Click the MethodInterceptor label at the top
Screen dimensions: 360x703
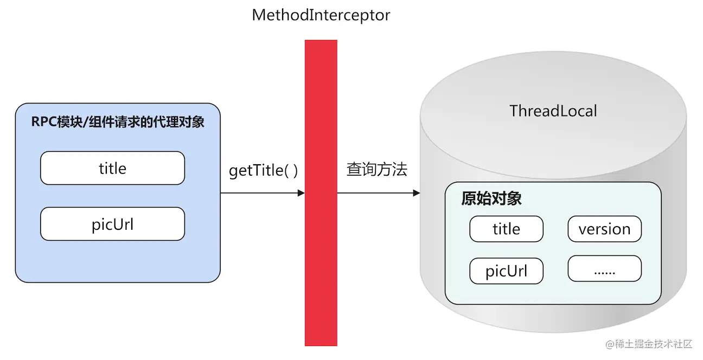tap(321, 15)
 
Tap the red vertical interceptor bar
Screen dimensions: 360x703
tap(321, 192)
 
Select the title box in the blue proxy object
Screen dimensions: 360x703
tap(112, 168)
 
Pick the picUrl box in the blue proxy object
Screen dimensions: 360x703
tap(112, 224)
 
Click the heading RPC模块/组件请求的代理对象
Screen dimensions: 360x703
tap(118, 122)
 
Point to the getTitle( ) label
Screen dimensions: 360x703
tap(263, 170)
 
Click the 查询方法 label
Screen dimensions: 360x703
tap(376, 170)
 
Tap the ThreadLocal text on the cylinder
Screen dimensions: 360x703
tap(553, 111)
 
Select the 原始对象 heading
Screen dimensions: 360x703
tap(491, 198)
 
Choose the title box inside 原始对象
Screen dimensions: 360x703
tap(506, 229)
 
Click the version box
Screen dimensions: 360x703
tap(604, 229)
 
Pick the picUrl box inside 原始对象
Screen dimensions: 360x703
tap(506, 271)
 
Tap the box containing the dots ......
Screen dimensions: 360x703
tap(604, 269)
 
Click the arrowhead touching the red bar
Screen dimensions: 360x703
tap(301, 193)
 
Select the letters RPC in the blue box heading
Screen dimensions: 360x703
tap(43, 122)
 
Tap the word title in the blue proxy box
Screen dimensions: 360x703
tap(112, 168)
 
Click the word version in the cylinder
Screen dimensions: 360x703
tap(604, 229)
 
